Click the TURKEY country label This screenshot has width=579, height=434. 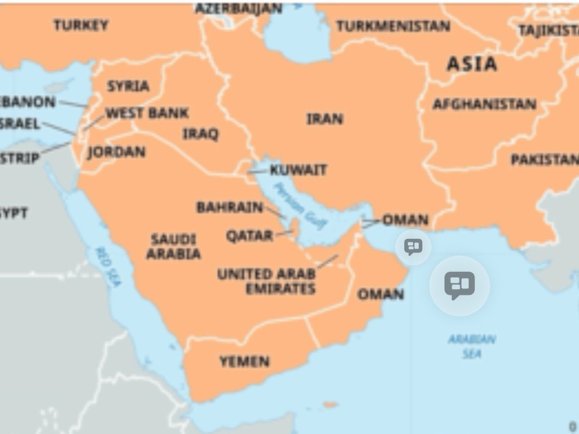point(81,25)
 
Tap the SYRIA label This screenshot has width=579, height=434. point(128,86)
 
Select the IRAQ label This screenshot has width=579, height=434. point(200,134)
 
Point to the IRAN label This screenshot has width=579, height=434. point(325,119)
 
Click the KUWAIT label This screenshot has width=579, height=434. point(298,170)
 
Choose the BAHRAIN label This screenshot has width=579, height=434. point(230,207)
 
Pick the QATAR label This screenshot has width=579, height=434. point(249,236)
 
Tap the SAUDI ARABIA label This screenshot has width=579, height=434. point(173,246)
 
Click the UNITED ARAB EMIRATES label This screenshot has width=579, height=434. point(266,281)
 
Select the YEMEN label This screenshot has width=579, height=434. point(245,361)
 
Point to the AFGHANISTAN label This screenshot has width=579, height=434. point(484,104)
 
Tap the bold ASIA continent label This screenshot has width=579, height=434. point(471,64)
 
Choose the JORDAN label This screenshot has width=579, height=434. point(116,152)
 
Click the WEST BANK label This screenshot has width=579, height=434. point(147,113)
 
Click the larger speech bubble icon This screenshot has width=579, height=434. point(459,285)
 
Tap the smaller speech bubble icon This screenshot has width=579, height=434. point(413,247)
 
